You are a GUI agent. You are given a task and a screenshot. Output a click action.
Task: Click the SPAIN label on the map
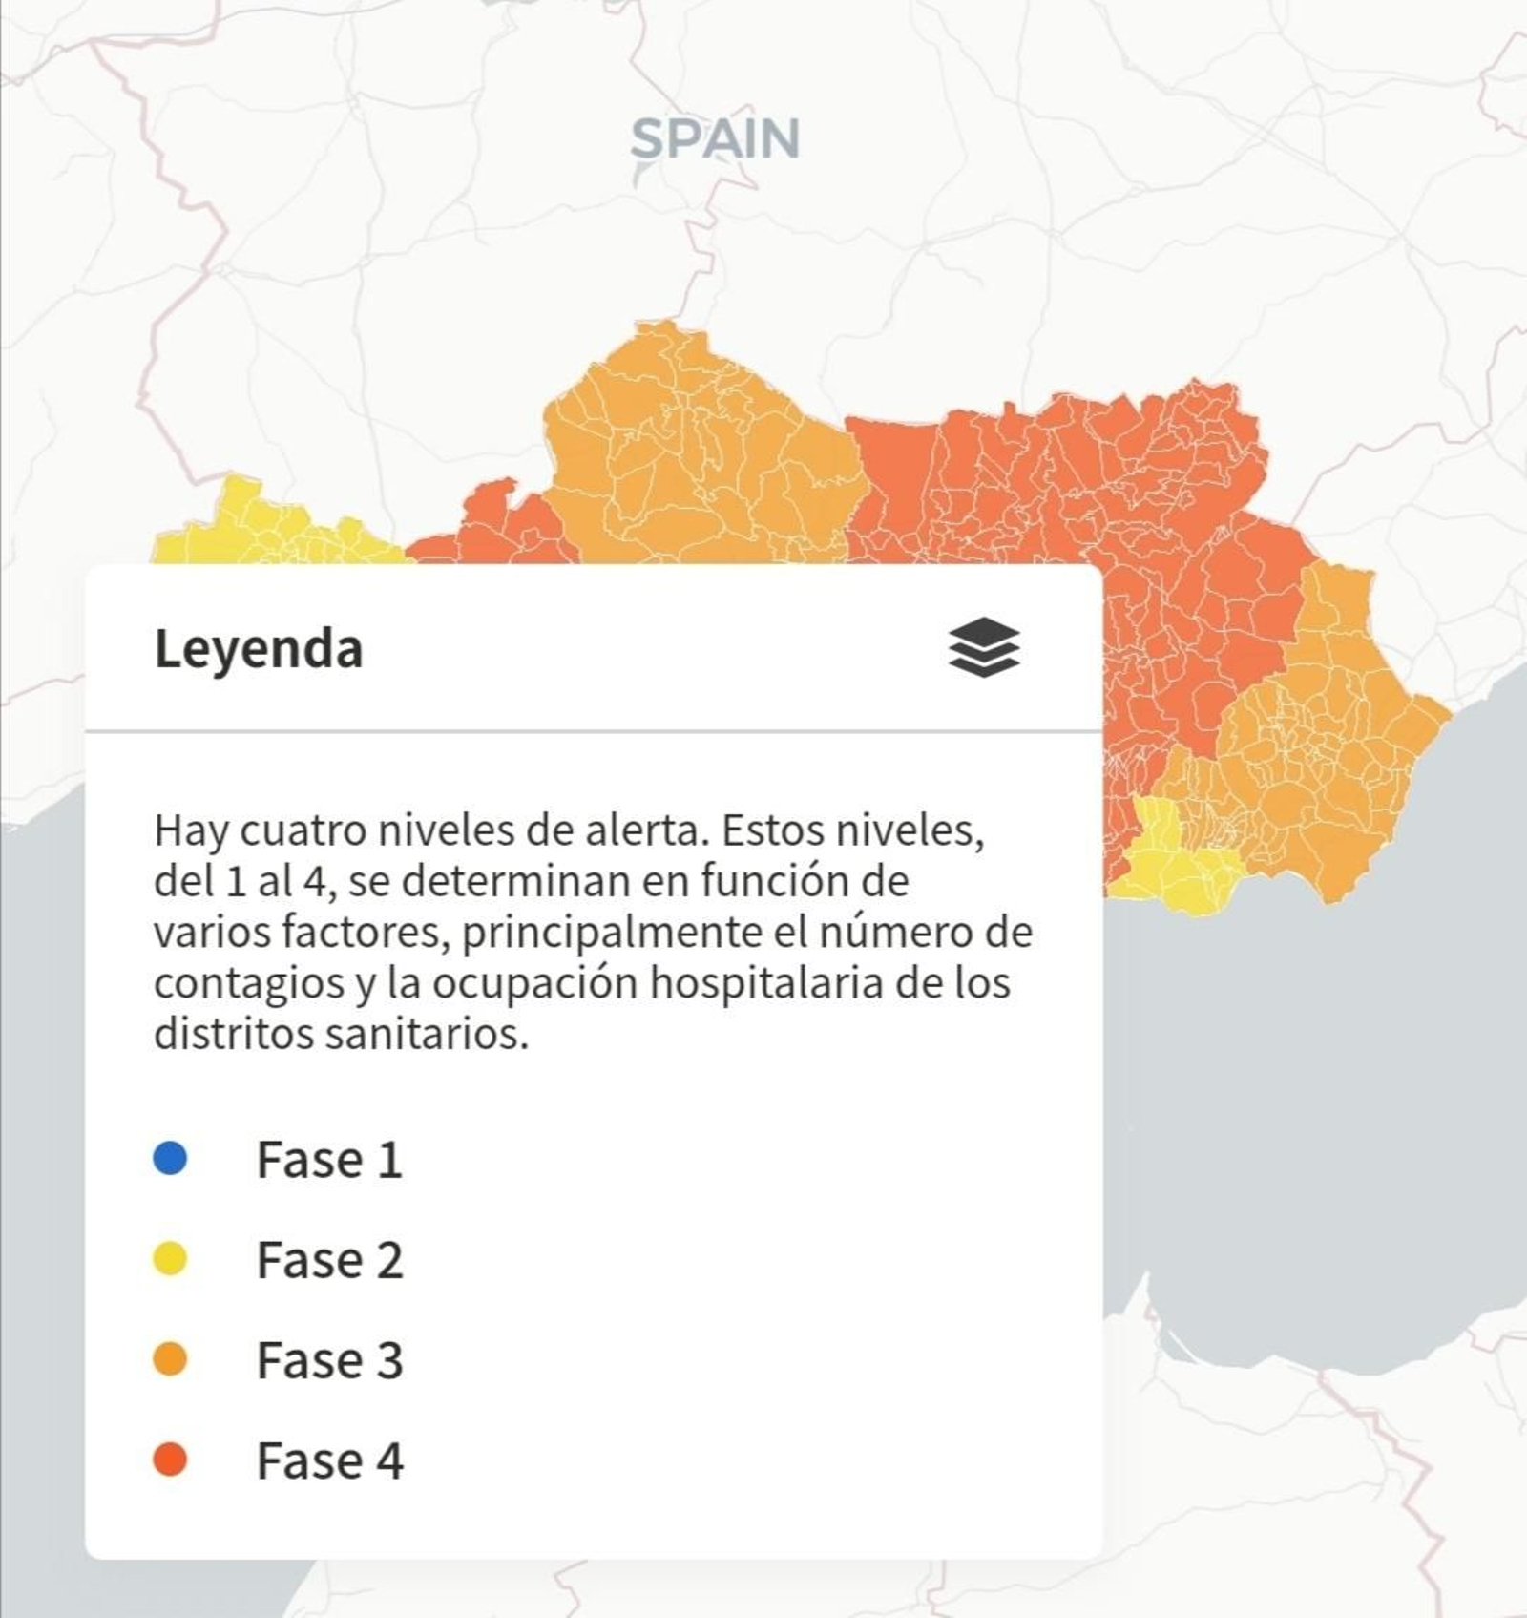click(715, 139)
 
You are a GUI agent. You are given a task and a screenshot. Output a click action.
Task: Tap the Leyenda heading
click(259, 649)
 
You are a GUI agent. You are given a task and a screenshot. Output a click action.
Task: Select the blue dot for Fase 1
click(170, 1159)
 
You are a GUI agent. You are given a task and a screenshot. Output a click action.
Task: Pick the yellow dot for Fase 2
click(170, 1259)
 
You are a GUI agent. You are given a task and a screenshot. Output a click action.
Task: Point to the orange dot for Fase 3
click(170, 1359)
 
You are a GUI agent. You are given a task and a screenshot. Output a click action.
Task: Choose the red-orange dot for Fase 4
click(170, 1460)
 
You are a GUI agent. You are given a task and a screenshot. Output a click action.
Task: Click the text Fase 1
click(329, 1160)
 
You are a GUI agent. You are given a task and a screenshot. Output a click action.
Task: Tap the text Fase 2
click(329, 1260)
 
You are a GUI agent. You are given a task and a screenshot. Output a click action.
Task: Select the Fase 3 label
click(329, 1360)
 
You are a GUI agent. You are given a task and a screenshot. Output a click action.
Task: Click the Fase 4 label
click(329, 1460)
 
